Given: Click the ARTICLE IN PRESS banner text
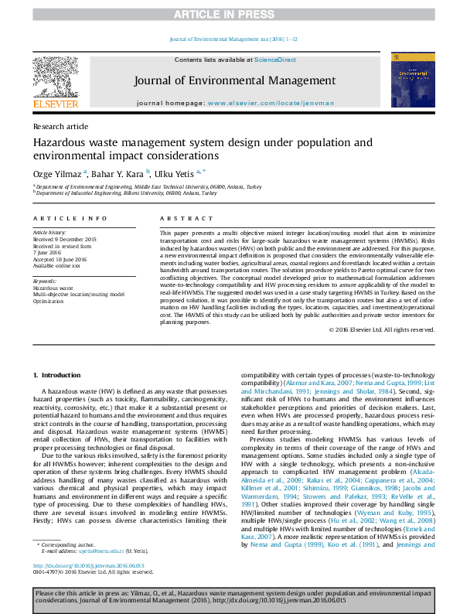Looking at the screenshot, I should [230, 15].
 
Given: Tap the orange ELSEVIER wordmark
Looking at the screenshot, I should [55, 104].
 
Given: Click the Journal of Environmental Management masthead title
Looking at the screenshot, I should [234, 80].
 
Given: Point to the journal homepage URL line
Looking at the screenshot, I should [234, 103].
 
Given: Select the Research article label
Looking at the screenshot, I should [60, 125].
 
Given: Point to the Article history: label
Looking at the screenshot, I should [50, 232].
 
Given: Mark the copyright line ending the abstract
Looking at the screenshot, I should [381, 329].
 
